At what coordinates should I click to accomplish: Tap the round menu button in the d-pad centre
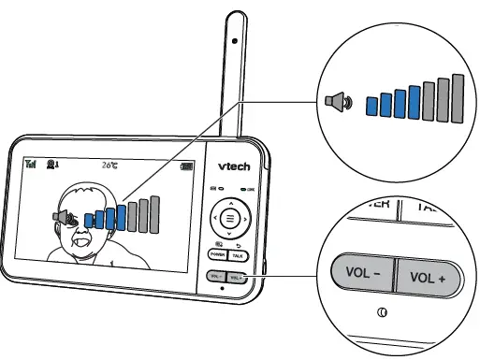tap(226, 222)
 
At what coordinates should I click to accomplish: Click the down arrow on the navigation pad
tap(226, 238)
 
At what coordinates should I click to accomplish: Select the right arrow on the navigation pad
tap(243, 222)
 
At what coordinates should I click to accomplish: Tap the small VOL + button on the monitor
tap(237, 276)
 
